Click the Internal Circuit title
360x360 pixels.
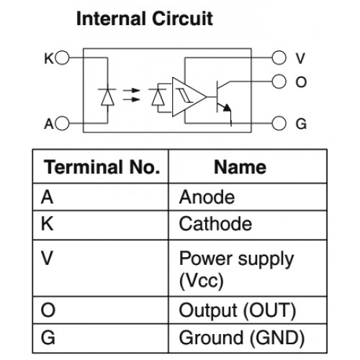click(x=145, y=19)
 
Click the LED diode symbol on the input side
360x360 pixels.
click(x=107, y=97)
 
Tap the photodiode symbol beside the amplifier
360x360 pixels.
click(x=158, y=97)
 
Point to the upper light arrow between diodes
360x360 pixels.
click(x=131, y=91)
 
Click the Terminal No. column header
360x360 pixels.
click(x=102, y=167)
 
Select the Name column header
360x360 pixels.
click(x=240, y=167)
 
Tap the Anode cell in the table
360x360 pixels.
click(x=207, y=197)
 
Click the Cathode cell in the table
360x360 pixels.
click(x=215, y=224)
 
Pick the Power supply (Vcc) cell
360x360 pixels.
click(x=236, y=269)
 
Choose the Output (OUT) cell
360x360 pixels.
click(x=238, y=311)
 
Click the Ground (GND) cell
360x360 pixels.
click(x=242, y=338)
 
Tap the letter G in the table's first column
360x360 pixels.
click(x=48, y=338)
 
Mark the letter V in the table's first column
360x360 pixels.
click(x=47, y=258)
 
